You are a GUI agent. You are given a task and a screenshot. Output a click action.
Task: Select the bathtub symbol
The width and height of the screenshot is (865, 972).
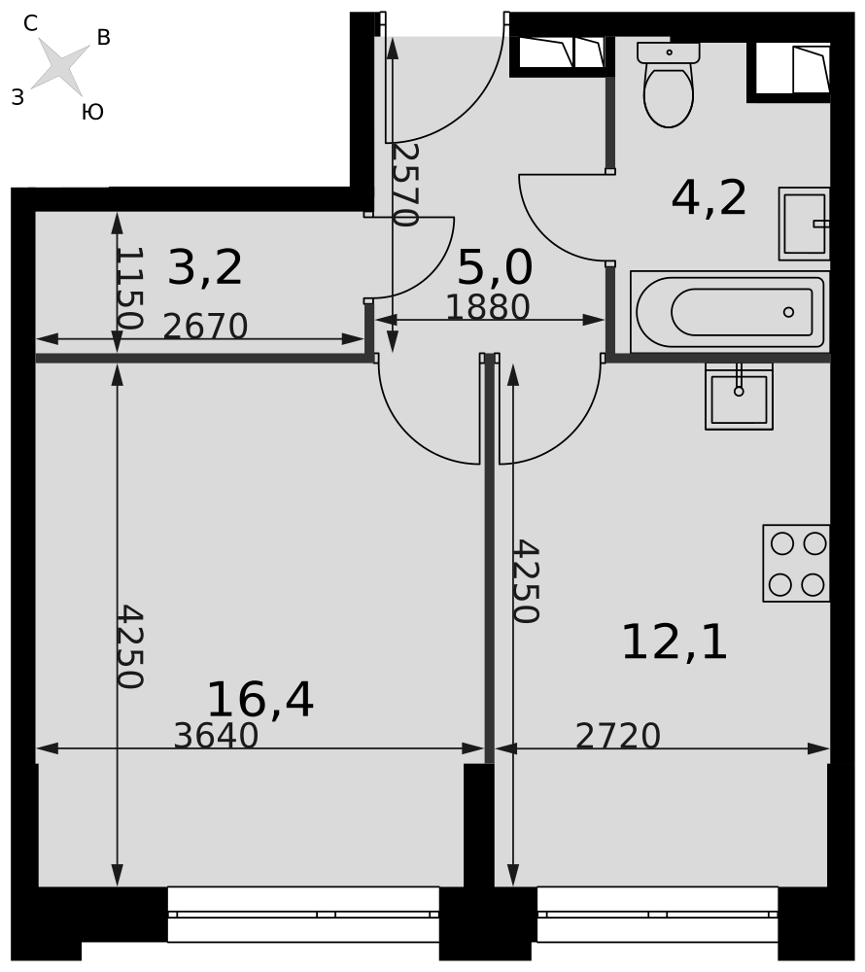[729, 312]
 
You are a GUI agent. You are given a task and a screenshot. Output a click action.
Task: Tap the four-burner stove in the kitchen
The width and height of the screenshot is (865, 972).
[796, 563]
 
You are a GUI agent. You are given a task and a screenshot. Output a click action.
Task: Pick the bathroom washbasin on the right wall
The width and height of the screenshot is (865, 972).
[805, 224]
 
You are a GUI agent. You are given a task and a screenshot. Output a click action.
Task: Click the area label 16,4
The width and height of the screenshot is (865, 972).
[260, 700]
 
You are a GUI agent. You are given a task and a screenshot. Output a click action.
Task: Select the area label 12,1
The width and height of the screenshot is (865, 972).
[675, 642]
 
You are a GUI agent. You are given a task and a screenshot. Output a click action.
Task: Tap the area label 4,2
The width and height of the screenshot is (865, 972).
[709, 198]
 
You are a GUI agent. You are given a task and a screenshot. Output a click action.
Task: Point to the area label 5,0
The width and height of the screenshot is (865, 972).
[495, 268]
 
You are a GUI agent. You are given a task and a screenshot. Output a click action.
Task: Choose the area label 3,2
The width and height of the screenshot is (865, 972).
[205, 268]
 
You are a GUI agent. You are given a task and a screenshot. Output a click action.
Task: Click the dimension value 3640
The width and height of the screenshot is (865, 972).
[216, 736]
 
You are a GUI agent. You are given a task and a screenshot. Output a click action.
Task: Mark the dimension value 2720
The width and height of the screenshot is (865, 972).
[618, 736]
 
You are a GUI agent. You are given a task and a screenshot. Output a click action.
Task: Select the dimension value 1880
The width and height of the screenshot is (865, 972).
[488, 307]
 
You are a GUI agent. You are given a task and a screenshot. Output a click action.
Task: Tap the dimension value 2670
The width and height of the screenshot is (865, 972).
[205, 326]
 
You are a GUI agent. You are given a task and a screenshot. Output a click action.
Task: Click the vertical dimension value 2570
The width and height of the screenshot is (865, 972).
[406, 186]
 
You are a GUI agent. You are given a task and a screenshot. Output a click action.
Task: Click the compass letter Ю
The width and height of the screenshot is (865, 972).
[92, 112]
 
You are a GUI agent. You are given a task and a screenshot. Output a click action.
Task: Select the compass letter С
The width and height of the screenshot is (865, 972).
[30, 23]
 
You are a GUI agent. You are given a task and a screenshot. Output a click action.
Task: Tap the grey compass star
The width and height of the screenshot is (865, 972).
[60, 66]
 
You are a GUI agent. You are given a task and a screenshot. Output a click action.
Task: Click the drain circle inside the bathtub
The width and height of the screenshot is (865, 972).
[788, 312]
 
